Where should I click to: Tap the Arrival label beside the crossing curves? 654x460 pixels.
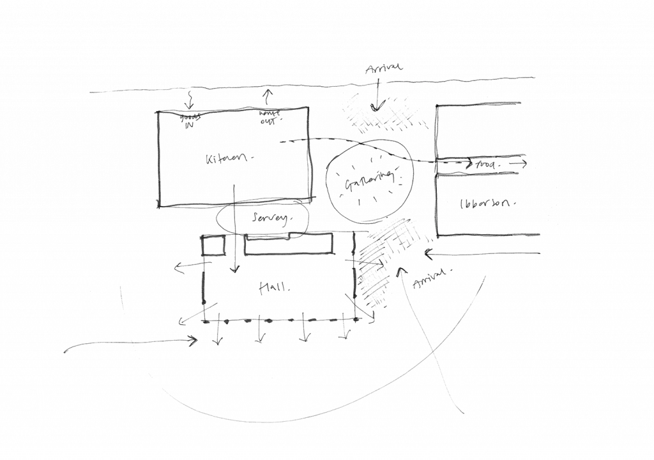click(x=428, y=278)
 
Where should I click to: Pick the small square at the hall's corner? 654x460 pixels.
click(x=213, y=246)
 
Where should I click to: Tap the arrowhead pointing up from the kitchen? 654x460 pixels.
click(x=268, y=93)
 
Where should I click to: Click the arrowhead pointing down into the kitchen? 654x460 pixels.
click(x=188, y=107)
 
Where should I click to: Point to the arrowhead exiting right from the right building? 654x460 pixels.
click(x=524, y=164)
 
